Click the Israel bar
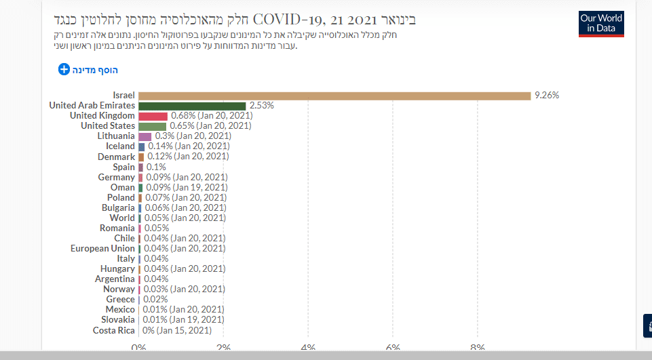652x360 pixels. tap(334, 96)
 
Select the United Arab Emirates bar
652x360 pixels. tap(192, 106)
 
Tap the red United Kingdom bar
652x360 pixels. tap(153, 116)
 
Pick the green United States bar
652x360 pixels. tap(152, 126)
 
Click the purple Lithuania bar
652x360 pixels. tap(145, 136)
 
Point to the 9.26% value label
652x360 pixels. tap(546, 96)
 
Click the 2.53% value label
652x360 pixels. tap(261, 106)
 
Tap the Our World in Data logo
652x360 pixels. tap(601, 24)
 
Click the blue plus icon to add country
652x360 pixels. tap(64, 69)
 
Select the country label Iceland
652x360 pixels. tap(120, 146)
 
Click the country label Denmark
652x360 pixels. tap(116, 157)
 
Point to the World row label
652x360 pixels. tap(122, 218)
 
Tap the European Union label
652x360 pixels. tap(102, 248)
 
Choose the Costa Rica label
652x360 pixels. tap(114, 330)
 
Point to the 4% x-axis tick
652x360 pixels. tap(308, 348)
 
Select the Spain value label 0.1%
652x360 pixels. tap(156, 167)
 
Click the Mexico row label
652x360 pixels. tap(120, 309)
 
